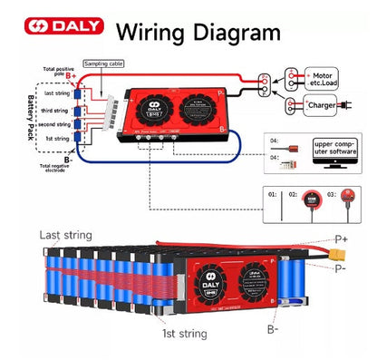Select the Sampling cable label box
click(103, 64)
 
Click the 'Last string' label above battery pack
click(65, 235)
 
